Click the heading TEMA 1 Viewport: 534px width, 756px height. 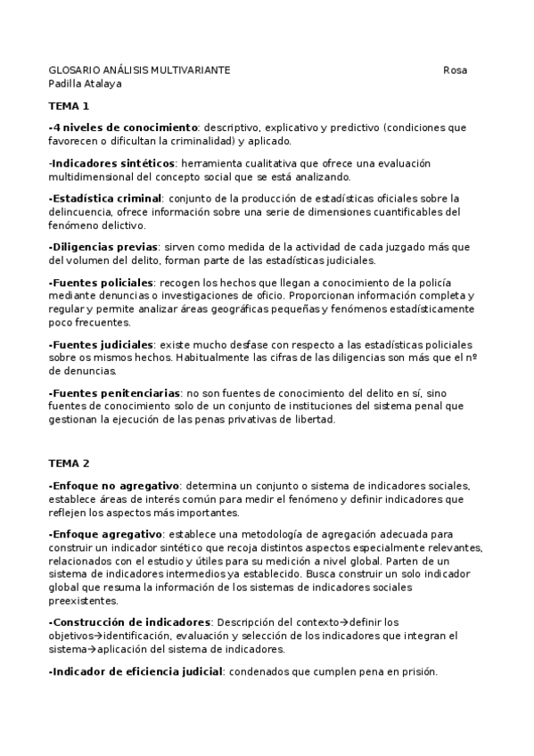69,106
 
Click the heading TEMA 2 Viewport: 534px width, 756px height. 69,464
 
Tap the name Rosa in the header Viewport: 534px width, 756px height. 455,70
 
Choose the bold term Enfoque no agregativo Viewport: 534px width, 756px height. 115,486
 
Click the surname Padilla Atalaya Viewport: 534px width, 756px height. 85,83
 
